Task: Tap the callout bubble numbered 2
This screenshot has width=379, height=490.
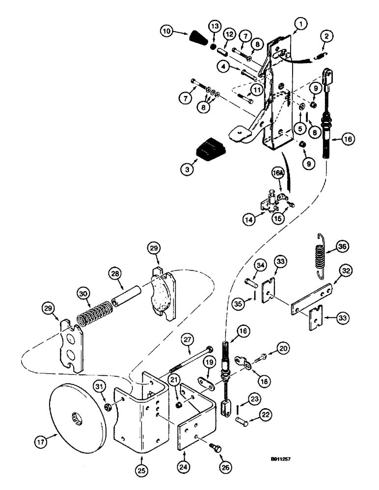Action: pyautogui.click(x=326, y=36)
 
